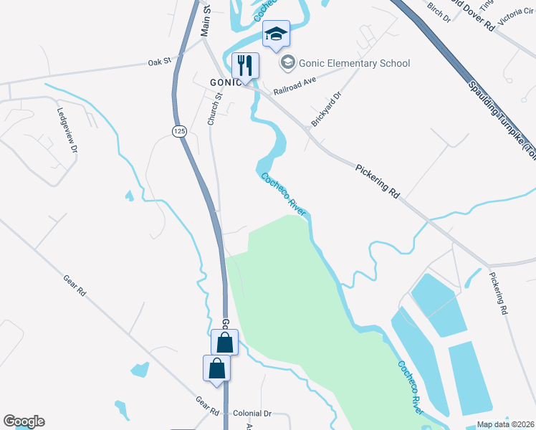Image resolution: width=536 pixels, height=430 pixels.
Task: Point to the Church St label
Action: (213, 109)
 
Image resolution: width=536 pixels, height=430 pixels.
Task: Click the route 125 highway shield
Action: (179, 130)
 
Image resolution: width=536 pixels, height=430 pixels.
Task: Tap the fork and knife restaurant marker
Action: (245, 66)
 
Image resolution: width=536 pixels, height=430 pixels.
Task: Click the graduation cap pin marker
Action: (276, 34)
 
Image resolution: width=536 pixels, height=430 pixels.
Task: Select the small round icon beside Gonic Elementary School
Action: (288, 63)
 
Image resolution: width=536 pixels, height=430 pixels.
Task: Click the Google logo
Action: (24, 421)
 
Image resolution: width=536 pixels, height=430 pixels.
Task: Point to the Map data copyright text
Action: (505, 424)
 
